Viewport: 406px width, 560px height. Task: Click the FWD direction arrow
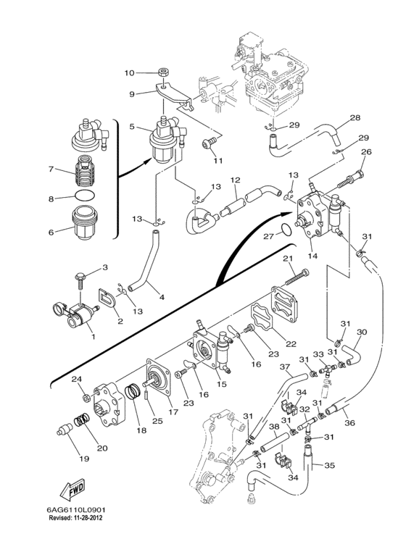coord(72,489)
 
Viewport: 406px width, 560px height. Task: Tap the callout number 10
coord(129,73)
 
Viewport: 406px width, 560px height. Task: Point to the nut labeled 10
coord(164,73)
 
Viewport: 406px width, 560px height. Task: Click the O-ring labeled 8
coord(86,196)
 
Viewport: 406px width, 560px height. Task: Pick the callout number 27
coord(269,236)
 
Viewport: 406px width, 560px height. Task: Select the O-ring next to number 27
coord(285,230)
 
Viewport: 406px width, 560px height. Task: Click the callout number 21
coord(288,258)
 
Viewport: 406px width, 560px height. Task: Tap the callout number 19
coord(84,458)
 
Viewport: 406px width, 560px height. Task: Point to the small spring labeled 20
coord(81,420)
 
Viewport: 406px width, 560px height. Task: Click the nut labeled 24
coord(86,397)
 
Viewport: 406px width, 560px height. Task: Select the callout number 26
coord(366,151)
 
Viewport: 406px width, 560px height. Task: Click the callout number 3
coord(105,267)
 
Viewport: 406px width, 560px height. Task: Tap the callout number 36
coord(350,422)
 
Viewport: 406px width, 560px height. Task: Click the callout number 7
coord(51,169)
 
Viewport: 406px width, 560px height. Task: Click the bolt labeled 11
coord(209,143)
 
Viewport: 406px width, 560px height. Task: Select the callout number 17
coord(173,412)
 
